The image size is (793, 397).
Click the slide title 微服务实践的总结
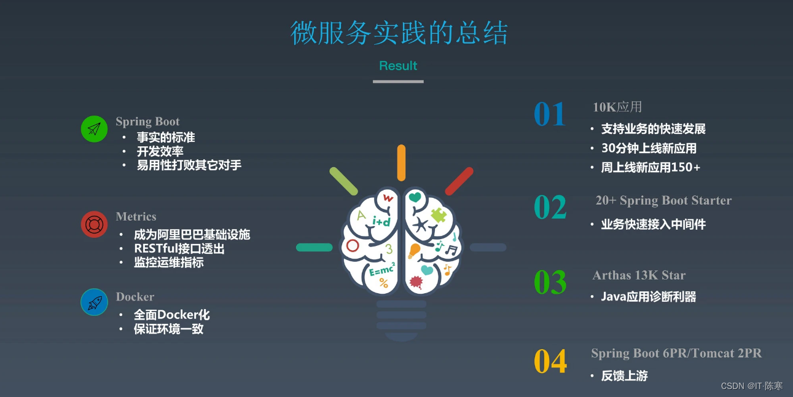pos(399,33)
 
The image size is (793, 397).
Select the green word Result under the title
pos(398,66)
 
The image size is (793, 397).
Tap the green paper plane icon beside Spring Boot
pos(94,129)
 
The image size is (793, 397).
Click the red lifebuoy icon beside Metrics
pos(94,224)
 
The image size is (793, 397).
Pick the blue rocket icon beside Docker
pos(94,302)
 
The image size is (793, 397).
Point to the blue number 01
pos(549,115)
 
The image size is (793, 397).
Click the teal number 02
pos(550,208)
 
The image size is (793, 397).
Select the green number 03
pos(550,283)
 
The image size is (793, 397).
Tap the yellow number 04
pos(550,362)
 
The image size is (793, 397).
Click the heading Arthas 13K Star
pos(639,275)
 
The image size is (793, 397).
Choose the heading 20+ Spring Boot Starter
pos(663,200)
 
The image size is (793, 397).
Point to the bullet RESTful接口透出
pos(179,248)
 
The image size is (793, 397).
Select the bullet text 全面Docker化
pos(172,315)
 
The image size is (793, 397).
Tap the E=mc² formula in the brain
pos(382,269)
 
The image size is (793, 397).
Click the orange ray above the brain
pos(401,163)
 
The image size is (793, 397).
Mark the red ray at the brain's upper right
pos(459,181)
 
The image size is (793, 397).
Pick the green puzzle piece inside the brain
pos(439,215)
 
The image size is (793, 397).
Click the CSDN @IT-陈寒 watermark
pos(751,386)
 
